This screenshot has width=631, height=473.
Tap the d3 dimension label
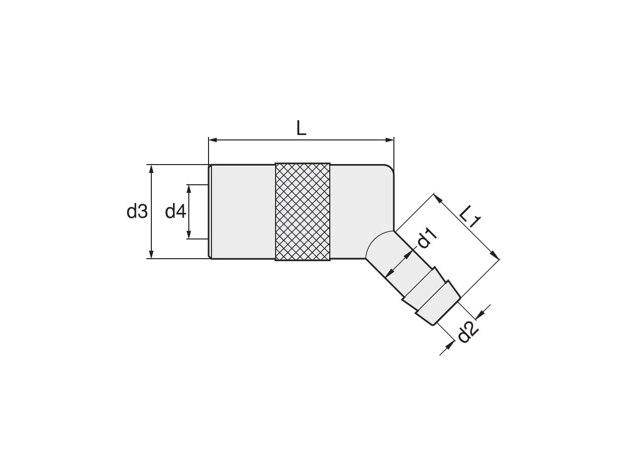(137, 211)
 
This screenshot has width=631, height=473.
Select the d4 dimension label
(175, 211)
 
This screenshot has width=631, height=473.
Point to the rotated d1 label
(427, 238)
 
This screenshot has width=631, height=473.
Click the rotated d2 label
(467, 332)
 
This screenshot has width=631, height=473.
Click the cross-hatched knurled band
(302, 212)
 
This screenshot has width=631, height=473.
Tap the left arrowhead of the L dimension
(213, 140)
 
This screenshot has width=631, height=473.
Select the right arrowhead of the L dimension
(389, 140)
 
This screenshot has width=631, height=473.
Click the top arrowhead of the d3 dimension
(151, 169)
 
